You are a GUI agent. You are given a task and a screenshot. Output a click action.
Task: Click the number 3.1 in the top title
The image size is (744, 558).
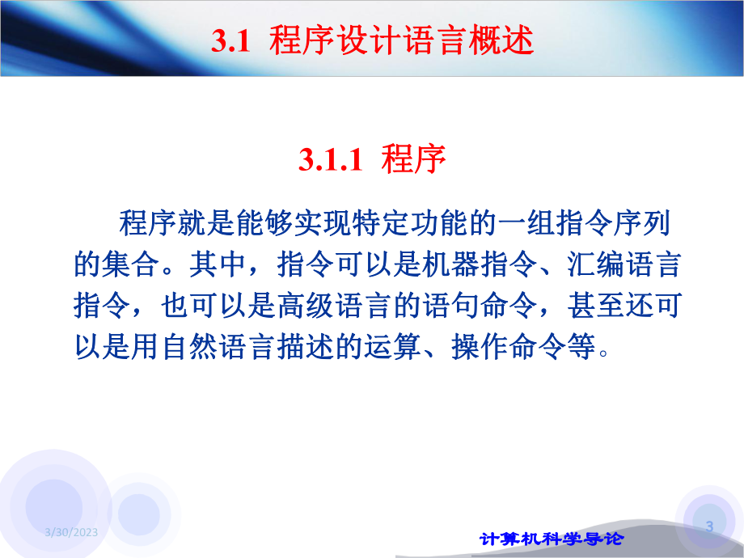(x=228, y=42)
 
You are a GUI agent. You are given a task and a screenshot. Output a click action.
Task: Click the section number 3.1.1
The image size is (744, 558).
(x=328, y=159)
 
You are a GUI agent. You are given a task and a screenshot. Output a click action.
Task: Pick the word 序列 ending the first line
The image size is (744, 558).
(x=655, y=222)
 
